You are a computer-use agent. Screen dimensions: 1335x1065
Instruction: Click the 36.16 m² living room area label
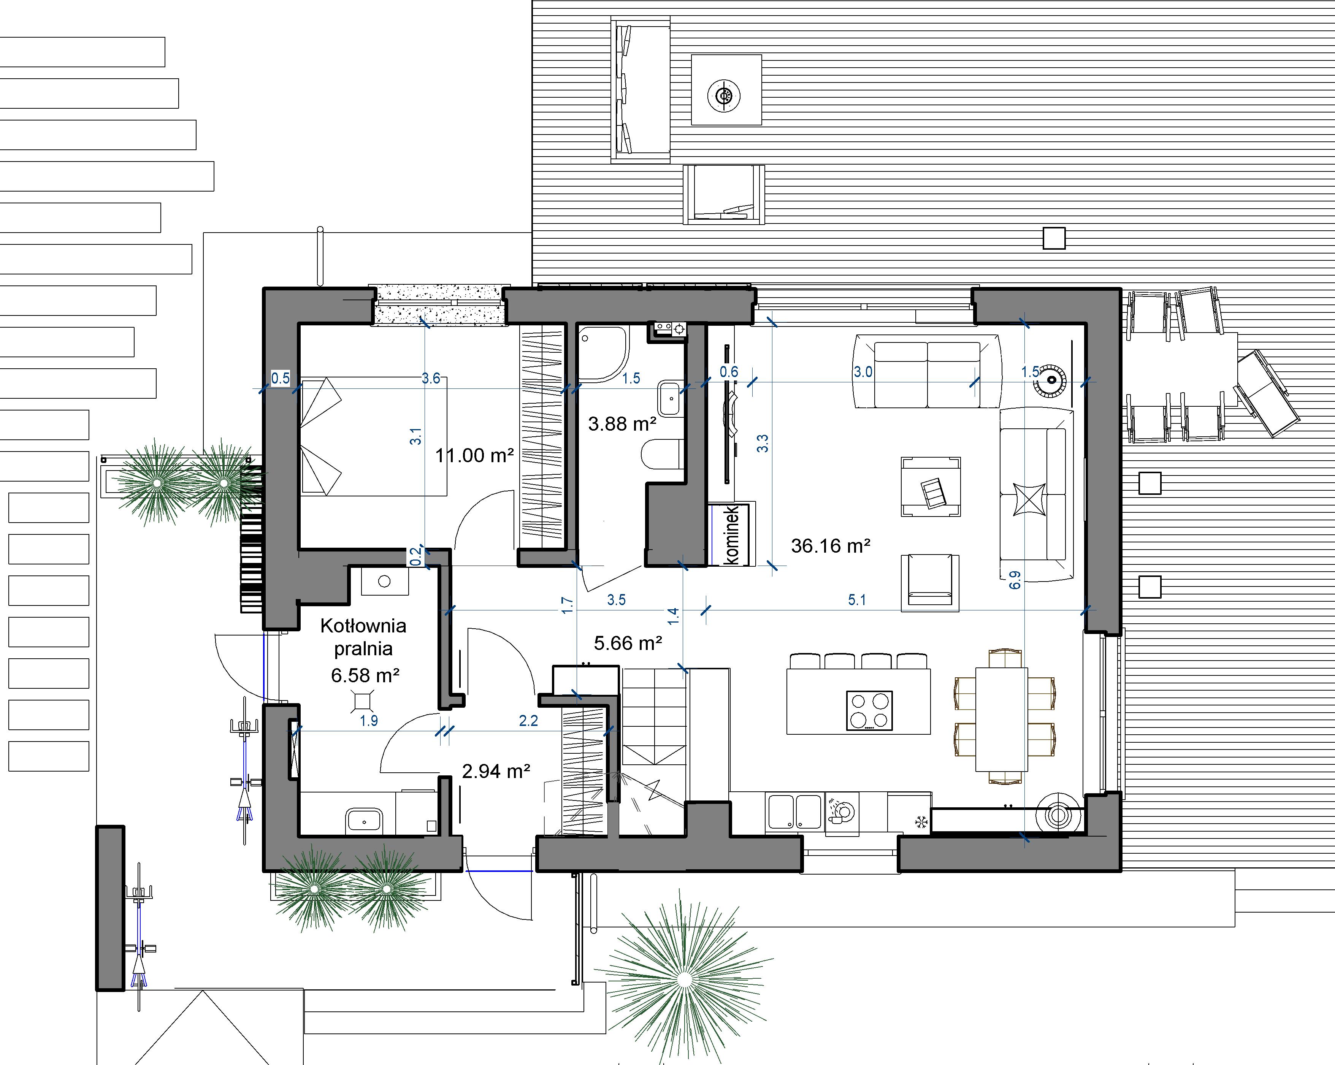point(830,545)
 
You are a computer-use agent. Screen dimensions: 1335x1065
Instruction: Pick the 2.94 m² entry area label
point(496,771)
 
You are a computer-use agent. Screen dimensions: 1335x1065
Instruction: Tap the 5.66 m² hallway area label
point(628,643)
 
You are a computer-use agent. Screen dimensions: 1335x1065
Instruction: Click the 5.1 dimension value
point(857,599)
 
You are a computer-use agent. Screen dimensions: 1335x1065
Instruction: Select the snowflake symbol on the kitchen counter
point(921,822)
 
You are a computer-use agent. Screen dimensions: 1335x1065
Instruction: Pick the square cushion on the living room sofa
point(1029,499)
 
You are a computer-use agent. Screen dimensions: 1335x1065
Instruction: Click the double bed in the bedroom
point(374,436)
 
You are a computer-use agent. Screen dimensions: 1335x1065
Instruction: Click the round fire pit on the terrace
point(723,97)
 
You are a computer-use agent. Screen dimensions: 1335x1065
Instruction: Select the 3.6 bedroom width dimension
point(431,378)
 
